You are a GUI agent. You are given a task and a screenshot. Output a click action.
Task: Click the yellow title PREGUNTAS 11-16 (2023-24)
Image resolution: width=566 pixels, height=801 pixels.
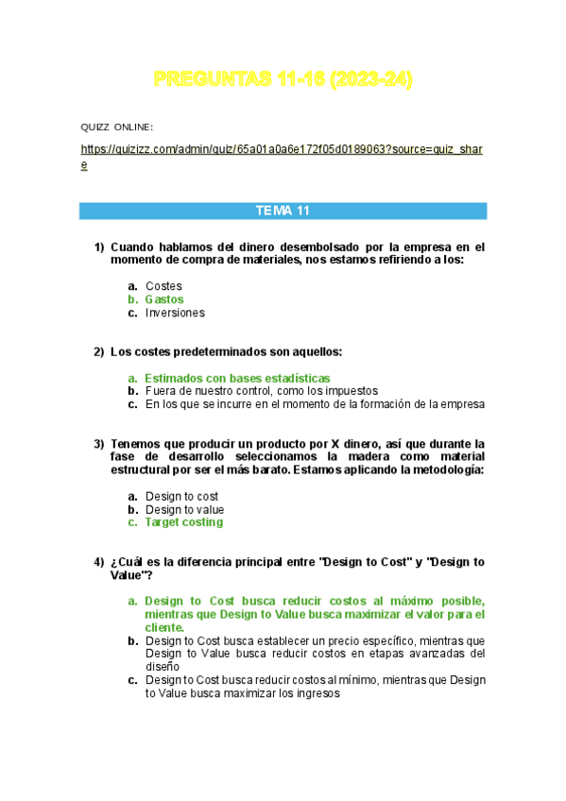pos(283,81)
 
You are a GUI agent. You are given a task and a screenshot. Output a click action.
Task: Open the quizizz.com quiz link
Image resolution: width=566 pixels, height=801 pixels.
pos(282,150)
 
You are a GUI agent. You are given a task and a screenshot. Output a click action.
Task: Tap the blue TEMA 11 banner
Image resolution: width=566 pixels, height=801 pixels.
pos(283,211)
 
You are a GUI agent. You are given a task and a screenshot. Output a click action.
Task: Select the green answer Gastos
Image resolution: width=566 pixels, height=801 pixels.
pos(164,299)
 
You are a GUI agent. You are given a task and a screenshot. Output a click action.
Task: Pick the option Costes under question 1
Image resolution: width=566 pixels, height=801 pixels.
pos(163,285)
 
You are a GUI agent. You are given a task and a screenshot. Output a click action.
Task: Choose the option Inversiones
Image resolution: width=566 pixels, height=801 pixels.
pos(175,313)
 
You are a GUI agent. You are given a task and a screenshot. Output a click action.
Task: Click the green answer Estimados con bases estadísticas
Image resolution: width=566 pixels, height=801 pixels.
pos(237,378)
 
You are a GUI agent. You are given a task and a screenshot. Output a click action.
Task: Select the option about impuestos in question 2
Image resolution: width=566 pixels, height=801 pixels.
pos(261,391)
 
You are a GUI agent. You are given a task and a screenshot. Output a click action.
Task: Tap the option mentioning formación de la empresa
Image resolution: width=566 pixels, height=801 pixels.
pos(314,404)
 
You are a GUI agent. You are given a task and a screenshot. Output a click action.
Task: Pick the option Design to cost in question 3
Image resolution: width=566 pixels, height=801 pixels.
pos(181,496)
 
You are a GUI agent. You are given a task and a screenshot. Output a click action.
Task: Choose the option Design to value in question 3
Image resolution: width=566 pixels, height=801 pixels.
pos(184,509)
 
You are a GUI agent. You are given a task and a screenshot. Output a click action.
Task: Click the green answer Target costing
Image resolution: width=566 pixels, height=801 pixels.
pos(183,522)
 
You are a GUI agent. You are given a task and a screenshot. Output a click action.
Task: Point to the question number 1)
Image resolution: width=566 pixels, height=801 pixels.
pos(99,247)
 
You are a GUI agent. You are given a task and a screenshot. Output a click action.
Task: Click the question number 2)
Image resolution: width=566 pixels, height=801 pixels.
pos(99,352)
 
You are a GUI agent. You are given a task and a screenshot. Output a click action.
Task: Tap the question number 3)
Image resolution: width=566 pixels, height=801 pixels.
pos(99,444)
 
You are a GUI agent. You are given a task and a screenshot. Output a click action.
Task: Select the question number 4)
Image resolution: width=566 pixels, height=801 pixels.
pos(99,562)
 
